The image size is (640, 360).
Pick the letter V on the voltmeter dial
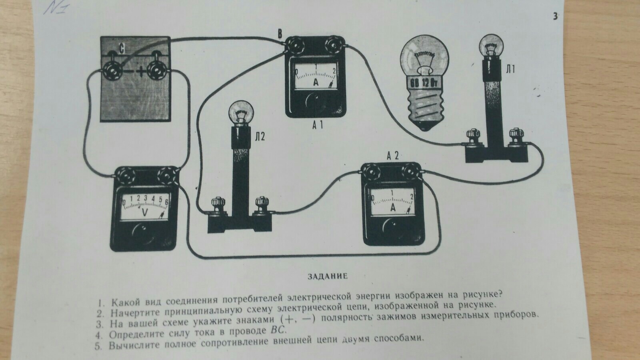coord(145,214)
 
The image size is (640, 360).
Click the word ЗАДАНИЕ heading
coord(328,276)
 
